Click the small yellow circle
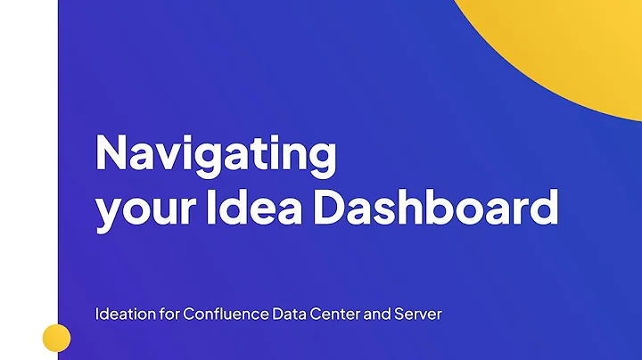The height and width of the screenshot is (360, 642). (x=56, y=338)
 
